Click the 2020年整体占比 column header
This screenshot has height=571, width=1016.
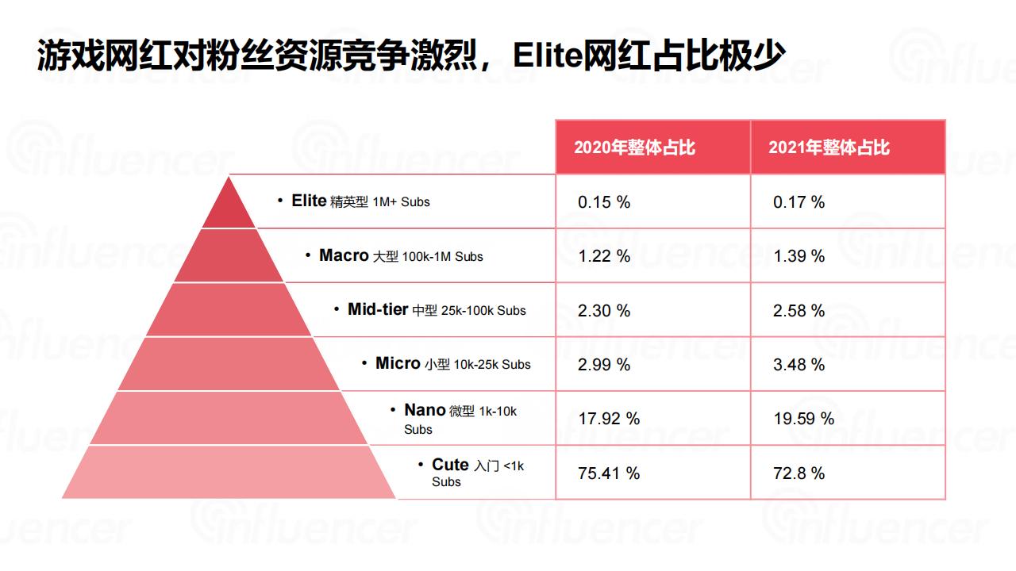click(634, 148)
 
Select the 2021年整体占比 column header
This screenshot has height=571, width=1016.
click(829, 148)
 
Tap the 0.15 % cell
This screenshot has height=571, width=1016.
click(604, 202)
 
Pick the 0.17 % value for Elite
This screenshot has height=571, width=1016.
click(799, 202)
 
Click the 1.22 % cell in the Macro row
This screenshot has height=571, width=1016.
click(604, 256)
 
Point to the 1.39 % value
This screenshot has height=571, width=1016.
click(799, 256)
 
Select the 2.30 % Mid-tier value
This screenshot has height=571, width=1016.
click(604, 311)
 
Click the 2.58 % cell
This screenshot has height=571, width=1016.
click(799, 311)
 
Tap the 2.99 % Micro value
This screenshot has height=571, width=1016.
click(604, 365)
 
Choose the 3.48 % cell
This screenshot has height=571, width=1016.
click(799, 365)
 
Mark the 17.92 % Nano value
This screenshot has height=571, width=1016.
click(609, 419)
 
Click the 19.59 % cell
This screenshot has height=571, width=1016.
click(803, 419)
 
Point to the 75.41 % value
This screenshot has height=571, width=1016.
click(609, 473)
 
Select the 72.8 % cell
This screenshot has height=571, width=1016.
click(799, 473)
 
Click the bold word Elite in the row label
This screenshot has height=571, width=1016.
click(309, 201)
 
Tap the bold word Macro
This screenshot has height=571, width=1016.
click(344, 255)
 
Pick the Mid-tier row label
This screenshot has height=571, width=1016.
click(378, 309)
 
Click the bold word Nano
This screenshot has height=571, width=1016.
click(425, 410)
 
